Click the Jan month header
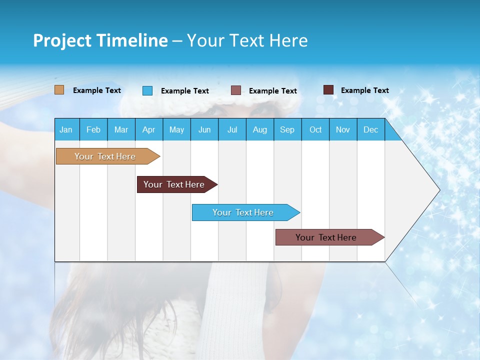click(66, 129)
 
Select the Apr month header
click(149, 129)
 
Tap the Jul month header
click(232, 129)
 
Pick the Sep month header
click(287, 129)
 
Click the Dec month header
click(370, 129)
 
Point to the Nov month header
click(343, 129)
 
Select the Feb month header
click(93, 129)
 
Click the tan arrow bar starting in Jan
click(105, 156)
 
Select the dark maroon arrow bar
click(174, 184)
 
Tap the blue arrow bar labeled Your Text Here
click(243, 212)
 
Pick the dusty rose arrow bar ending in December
click(326, 237)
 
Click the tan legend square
click(59, 90)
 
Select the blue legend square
click(147, 90)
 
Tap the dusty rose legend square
click(236, 90)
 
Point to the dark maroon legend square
click(328, 90)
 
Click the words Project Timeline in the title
click(100, 40)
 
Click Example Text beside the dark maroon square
click(365, 90)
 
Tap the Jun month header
click(204, 129)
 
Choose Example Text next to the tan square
click(97, 90)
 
